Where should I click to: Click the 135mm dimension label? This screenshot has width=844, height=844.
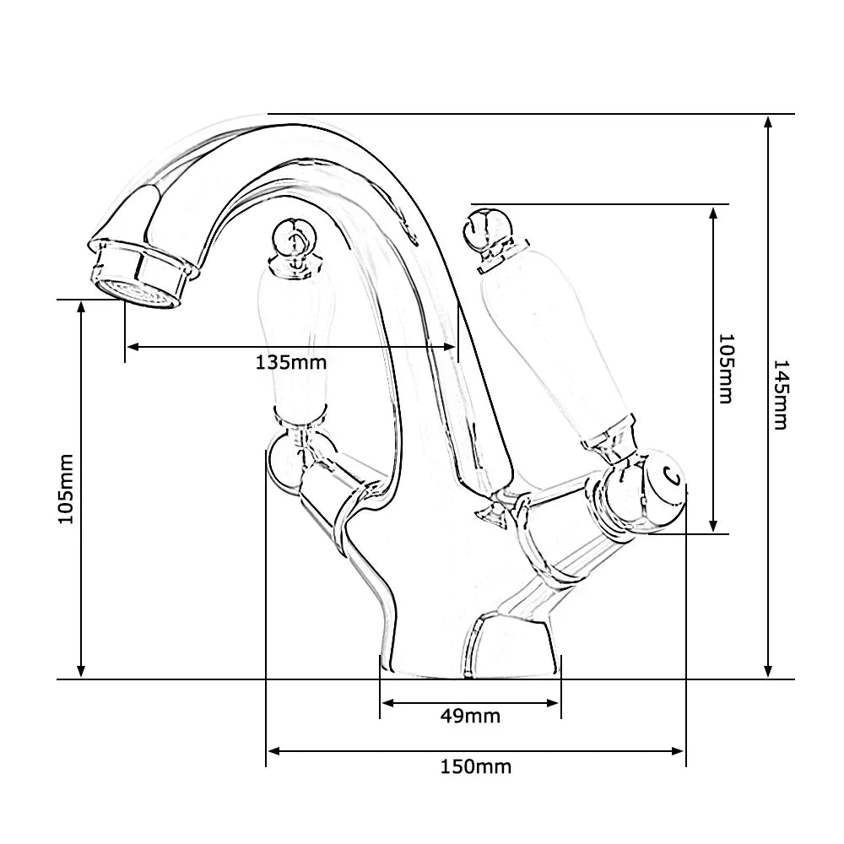coord(290,363)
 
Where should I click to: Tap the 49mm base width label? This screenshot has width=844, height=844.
coord(470,717)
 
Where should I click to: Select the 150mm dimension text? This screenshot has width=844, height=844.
coord(475,767)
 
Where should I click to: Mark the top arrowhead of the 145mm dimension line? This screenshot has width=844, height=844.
coord(768,121)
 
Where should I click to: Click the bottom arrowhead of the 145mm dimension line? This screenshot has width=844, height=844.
coord(768,672)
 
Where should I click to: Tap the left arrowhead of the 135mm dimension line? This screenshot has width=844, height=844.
coord(132,346)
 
